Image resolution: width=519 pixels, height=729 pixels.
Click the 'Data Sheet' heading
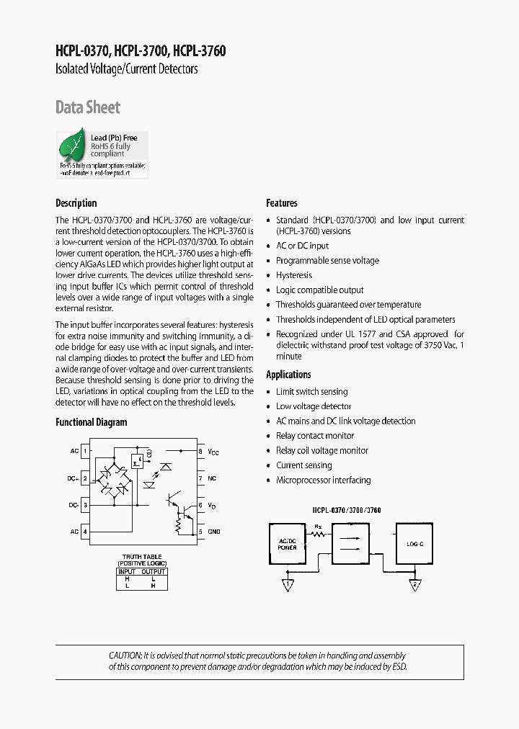88,107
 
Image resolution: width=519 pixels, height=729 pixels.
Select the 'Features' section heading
282,203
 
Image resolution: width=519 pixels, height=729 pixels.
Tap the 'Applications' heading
288,375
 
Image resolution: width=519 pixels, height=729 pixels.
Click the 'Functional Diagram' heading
92,422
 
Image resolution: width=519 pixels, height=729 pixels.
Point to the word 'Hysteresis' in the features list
294,275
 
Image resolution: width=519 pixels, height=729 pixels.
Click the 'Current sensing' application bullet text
304,465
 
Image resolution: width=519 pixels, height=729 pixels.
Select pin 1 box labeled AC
86,451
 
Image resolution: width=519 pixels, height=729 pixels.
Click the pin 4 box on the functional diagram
86,532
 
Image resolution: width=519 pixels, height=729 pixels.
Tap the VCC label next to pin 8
213,452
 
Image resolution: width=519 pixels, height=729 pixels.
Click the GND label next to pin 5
214,532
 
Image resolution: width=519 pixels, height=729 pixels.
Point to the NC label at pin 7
212,478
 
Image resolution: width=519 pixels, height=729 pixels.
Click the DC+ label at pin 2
73,478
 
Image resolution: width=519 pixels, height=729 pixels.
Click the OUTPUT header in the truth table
153,571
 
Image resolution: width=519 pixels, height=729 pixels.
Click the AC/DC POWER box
287,544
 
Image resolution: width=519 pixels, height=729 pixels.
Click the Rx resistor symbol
318,535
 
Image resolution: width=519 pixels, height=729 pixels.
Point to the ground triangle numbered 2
414,585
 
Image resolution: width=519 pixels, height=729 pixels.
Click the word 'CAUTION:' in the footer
125,656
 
